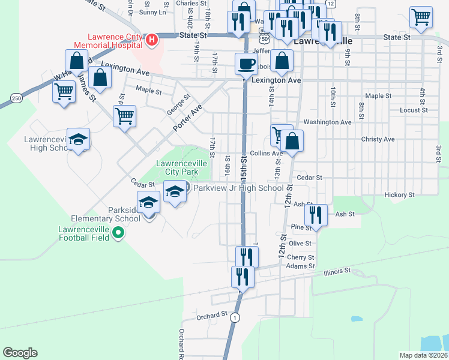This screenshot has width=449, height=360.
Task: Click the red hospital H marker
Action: pyautogui.click(x=152, y=40)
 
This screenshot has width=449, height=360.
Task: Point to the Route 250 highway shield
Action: pyautogui.click(x=16, y=98)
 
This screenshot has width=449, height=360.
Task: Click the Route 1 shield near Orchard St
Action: pyautogui.click(x=235, y=317)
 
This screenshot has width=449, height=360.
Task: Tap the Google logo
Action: pyautogui.click(x=20, y=353)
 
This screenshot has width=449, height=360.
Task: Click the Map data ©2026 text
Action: pyautogui.click(x=423, y=355)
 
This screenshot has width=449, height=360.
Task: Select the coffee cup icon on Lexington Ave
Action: pyautogui.click(x=245, y=63)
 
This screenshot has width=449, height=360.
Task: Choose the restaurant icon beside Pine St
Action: pyautogui.click(x=316, y=214)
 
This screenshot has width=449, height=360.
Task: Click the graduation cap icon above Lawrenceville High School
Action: pyautogui.click(x=78, y=140)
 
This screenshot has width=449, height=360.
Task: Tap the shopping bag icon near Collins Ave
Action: pyautogui.click(x=292, y=142)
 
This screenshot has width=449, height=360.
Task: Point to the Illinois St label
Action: pyautogui.click(x=337, y=271)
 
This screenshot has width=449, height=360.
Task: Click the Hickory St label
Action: pyautogui.click(x=400, y=195)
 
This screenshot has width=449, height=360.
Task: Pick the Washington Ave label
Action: pyautogui.click(x=327, y=122)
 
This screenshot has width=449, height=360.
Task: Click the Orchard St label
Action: pyautogui.click(x=212, y=314)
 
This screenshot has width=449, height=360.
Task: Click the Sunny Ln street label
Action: pyautogui.click(x=152, y=12)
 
